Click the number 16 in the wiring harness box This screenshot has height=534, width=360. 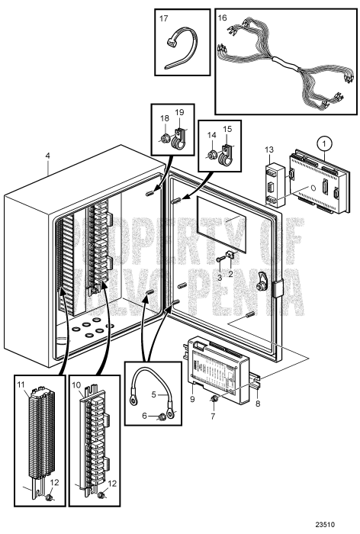tap(223, 17)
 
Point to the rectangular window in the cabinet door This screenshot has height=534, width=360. tap(220, 223)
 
